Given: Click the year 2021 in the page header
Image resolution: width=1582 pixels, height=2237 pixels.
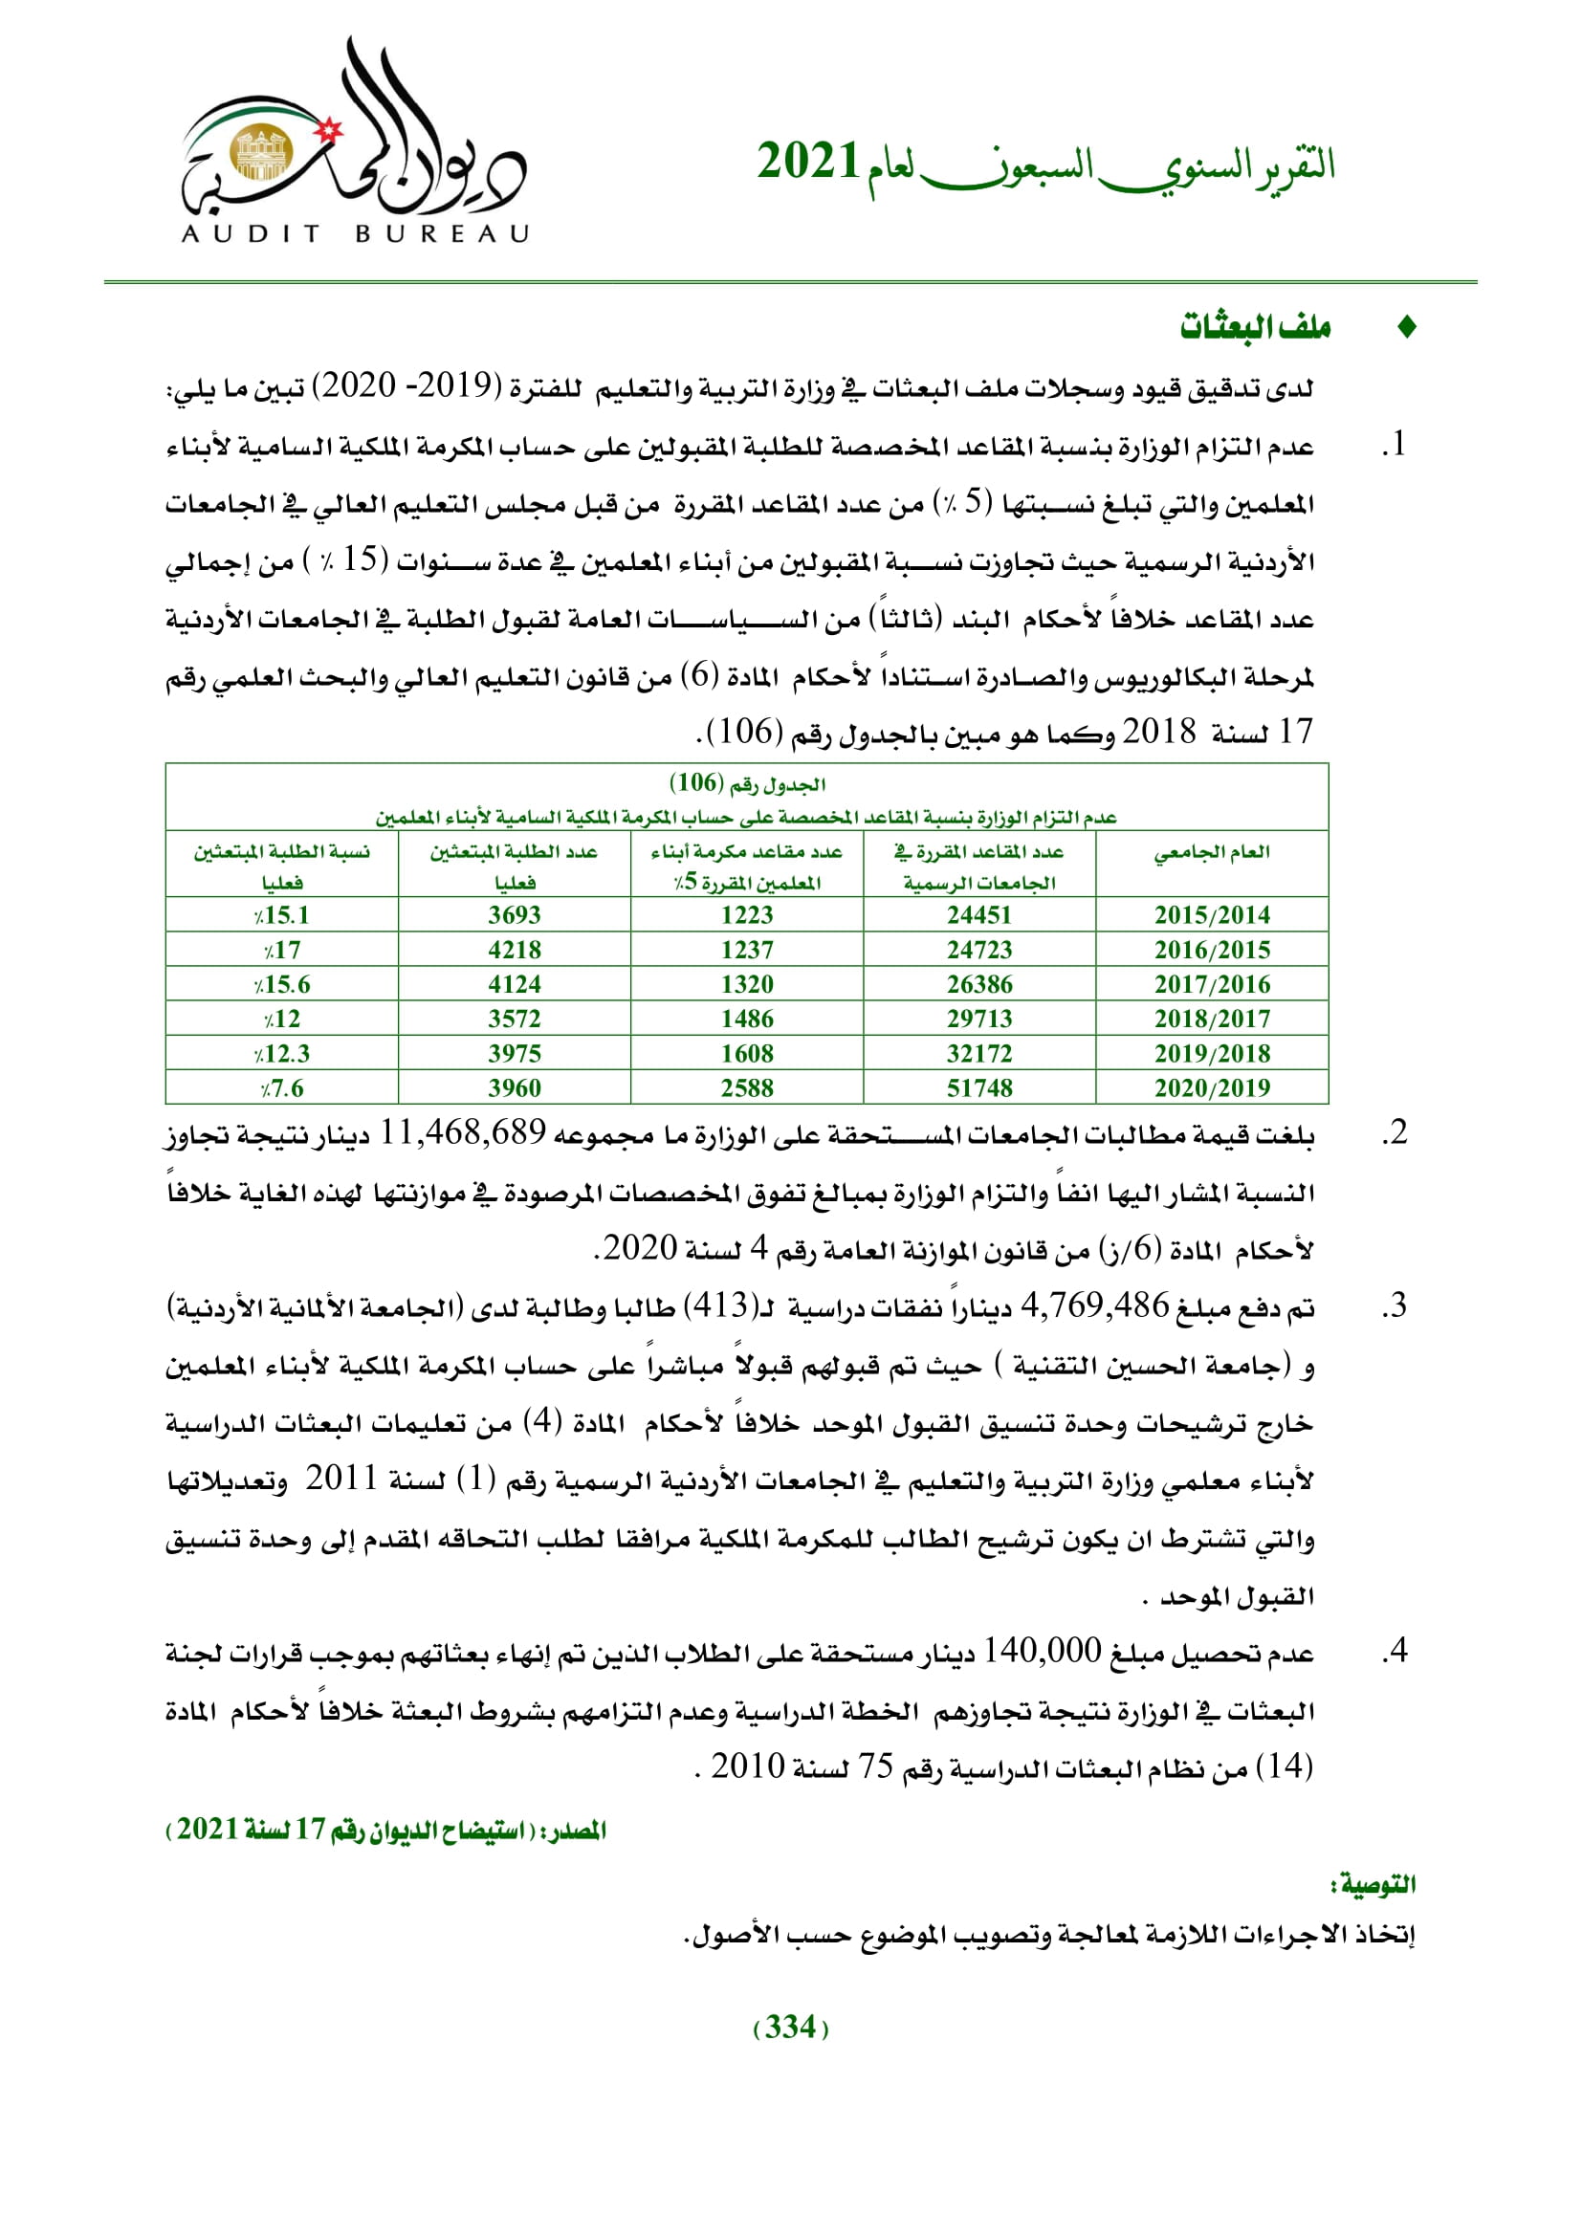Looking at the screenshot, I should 807,162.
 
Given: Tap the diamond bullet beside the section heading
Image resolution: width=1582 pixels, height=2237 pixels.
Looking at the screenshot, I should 1406,328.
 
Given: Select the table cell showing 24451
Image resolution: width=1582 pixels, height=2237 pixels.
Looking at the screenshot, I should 979,915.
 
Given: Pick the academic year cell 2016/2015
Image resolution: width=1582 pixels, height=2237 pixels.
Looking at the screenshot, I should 1212,950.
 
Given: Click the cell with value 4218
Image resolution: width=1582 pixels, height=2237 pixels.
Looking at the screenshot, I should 515,950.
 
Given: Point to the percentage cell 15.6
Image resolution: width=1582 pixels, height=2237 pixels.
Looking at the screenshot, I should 281,984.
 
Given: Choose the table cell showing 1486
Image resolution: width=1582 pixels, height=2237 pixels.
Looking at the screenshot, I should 747,1020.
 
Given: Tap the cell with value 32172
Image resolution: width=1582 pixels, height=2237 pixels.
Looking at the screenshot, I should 979,1053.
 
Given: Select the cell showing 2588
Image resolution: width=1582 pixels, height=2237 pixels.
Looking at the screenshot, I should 747,1088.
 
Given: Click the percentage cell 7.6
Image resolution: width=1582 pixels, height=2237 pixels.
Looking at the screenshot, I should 281,1088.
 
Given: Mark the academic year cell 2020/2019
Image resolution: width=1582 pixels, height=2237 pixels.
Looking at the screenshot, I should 1212,1088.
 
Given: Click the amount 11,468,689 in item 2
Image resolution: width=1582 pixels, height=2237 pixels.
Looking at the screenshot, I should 463,1133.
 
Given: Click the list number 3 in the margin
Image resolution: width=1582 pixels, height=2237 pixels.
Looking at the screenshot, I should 1396,1306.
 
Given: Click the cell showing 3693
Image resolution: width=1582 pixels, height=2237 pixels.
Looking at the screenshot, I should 515,915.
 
